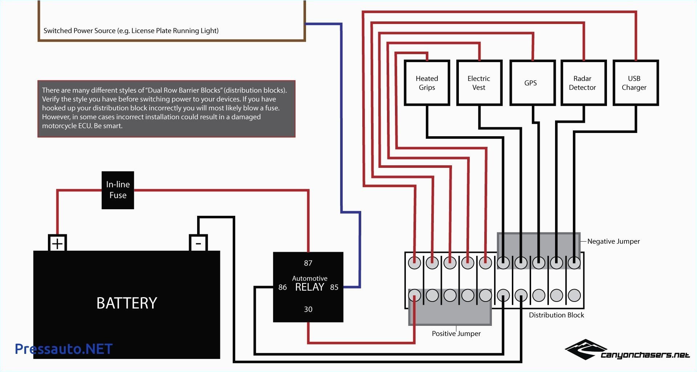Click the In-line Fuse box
coord(118,190)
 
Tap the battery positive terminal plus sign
coord(57,243)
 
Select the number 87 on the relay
coord(308,263)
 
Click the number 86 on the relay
coord(282,287)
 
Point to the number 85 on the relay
coord(334,287)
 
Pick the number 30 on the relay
coord(308,309)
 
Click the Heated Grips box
coord(427,83)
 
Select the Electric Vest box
coord(479,83)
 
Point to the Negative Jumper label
coord(614,241)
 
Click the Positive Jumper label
coord(456,333)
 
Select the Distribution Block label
coord(556,315)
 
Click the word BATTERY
coord(127,303)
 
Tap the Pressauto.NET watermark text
coord(64,349)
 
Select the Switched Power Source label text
coord(131,31)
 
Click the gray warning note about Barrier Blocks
coord(166,108)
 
